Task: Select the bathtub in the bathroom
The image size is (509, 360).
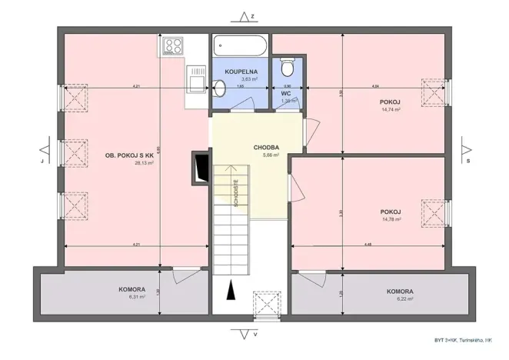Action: click(241, 45)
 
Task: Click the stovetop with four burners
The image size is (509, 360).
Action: click(171, 47)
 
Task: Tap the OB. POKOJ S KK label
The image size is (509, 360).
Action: click(130, 155)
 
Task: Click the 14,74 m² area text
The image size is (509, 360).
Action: click(391, 109)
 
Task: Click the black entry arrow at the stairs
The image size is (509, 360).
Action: click(228, 292)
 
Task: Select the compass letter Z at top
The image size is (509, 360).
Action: click(252, 15)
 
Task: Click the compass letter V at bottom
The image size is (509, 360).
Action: click(255, 335)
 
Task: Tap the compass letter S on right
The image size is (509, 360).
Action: click(467, 162)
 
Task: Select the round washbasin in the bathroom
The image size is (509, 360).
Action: click(219, 89)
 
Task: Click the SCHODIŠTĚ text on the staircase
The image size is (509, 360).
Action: click(235, 193)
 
